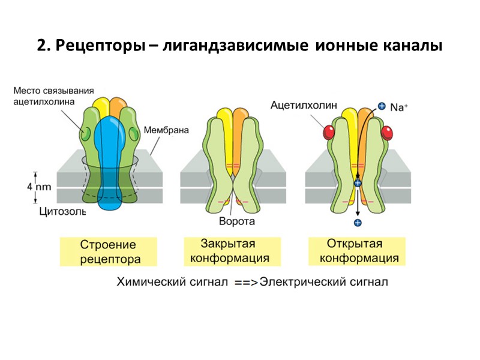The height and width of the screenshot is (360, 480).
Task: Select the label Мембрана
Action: coord(166,130)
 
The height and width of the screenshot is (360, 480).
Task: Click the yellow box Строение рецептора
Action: coord(108,252)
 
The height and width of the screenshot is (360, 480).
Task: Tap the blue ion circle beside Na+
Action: coord(382,107)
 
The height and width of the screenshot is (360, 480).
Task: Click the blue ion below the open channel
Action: coord(358,223)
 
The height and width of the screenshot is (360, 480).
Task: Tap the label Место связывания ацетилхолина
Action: coord(53,96)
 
